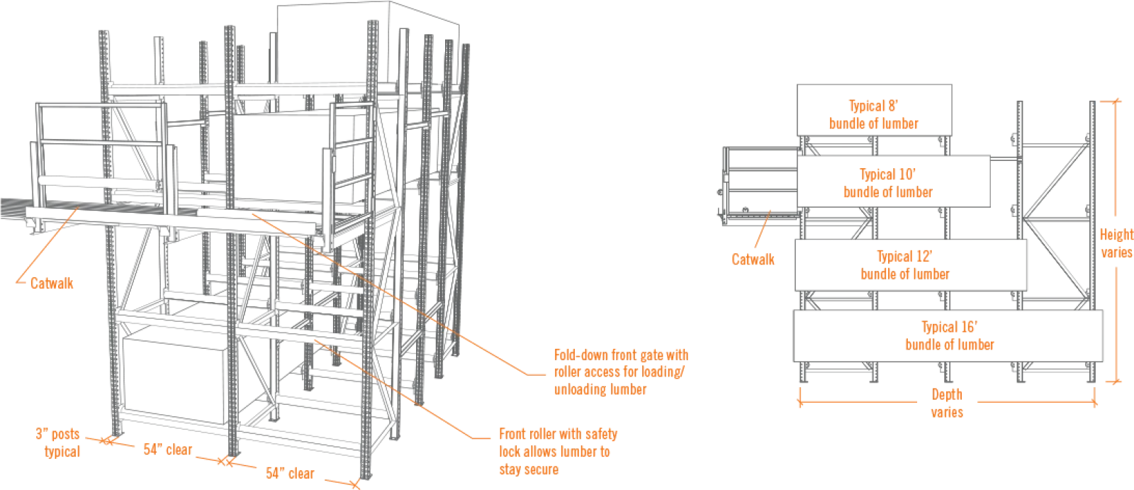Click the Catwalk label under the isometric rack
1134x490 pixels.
52,283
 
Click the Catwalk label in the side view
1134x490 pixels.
753,260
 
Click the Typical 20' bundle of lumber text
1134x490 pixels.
950,335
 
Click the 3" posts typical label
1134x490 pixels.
59,442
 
